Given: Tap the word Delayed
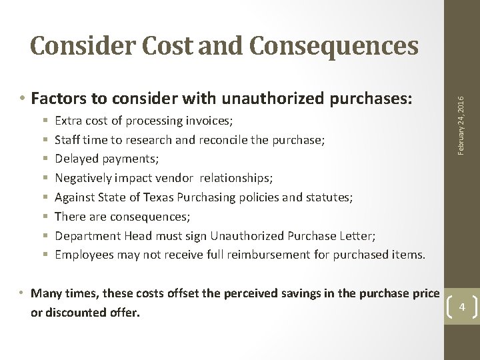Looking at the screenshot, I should (77, 159).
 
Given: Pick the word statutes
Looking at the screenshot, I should (328, 197).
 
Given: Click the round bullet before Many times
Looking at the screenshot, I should (23, 293).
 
